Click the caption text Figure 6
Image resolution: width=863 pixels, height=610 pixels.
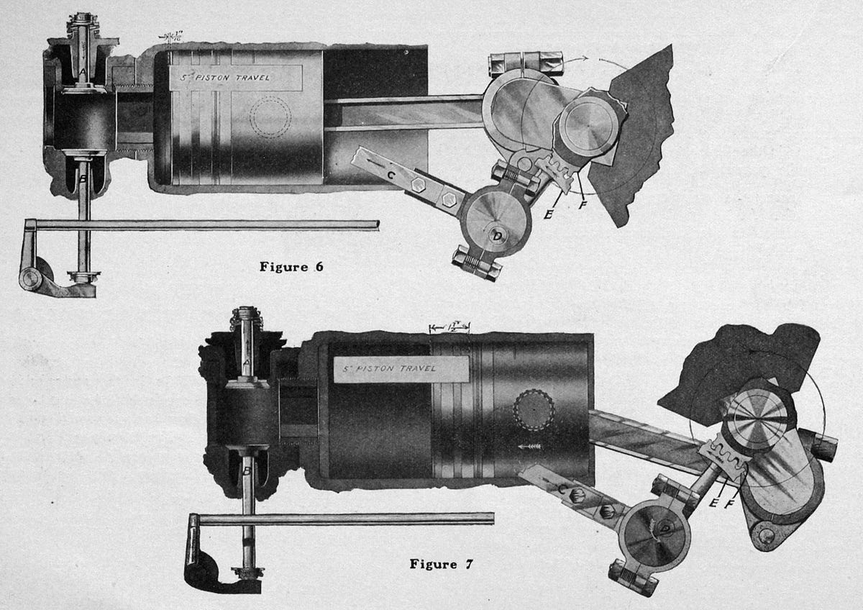click(291, 267)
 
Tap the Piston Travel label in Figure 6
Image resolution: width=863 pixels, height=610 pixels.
click(234, 78)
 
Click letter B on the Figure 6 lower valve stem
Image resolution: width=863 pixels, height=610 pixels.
click(83, 181)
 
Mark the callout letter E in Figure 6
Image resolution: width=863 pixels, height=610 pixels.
click(548, 213)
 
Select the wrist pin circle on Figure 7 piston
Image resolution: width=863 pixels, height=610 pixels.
click(534, 411)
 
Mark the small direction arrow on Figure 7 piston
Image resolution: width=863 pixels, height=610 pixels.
click(528, 447)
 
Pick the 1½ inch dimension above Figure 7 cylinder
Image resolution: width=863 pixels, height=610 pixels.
click(449, 326)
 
